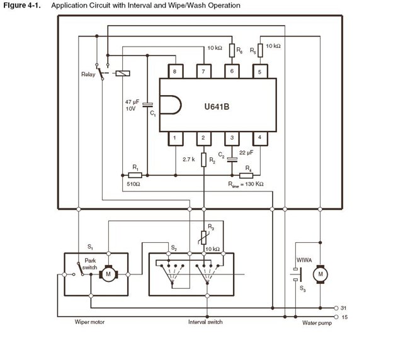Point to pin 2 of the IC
(x=203, y=137)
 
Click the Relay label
(x=89, y=74)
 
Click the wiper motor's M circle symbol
(x=109, y=274)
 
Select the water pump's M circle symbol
(x=321, y=274)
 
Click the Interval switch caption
(x=205, y=322)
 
